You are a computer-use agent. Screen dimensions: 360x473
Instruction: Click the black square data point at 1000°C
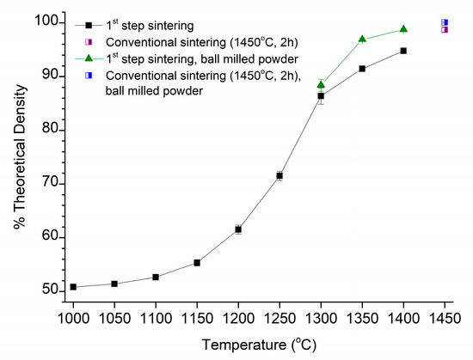click(x=73, y=287)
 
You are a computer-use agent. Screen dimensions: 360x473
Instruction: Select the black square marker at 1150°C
click(x=197, y=263)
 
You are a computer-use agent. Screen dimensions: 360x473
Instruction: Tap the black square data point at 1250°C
click(x=279, y=176)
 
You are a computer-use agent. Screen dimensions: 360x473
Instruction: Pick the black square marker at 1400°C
click(x=403, y=51)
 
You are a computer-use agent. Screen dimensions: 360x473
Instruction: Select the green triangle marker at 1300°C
click(x=321, y=84)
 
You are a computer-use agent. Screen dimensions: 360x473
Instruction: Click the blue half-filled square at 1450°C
click(x=445, y=22)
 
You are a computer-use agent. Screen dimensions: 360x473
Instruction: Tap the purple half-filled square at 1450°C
click(x=445, y=29)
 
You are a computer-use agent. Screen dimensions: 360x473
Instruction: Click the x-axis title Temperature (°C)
click(x=259, y=345)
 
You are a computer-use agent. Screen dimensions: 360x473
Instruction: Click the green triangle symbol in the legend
click(x=88, y=58)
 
